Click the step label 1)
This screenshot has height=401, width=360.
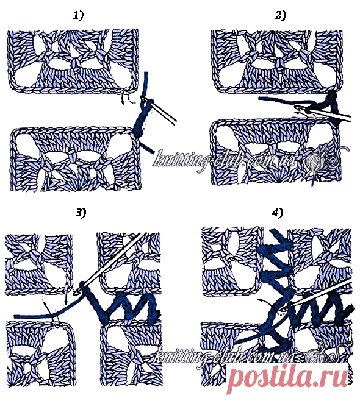[x=78, y=16]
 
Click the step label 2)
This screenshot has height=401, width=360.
[x=280, y=16]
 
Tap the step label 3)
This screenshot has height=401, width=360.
[x=81, y=213]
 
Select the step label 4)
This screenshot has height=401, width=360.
[x=278, y=213]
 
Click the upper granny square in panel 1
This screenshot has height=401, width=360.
[x=74, y=62]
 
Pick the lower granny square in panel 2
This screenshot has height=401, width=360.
[x=276, y=152]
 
